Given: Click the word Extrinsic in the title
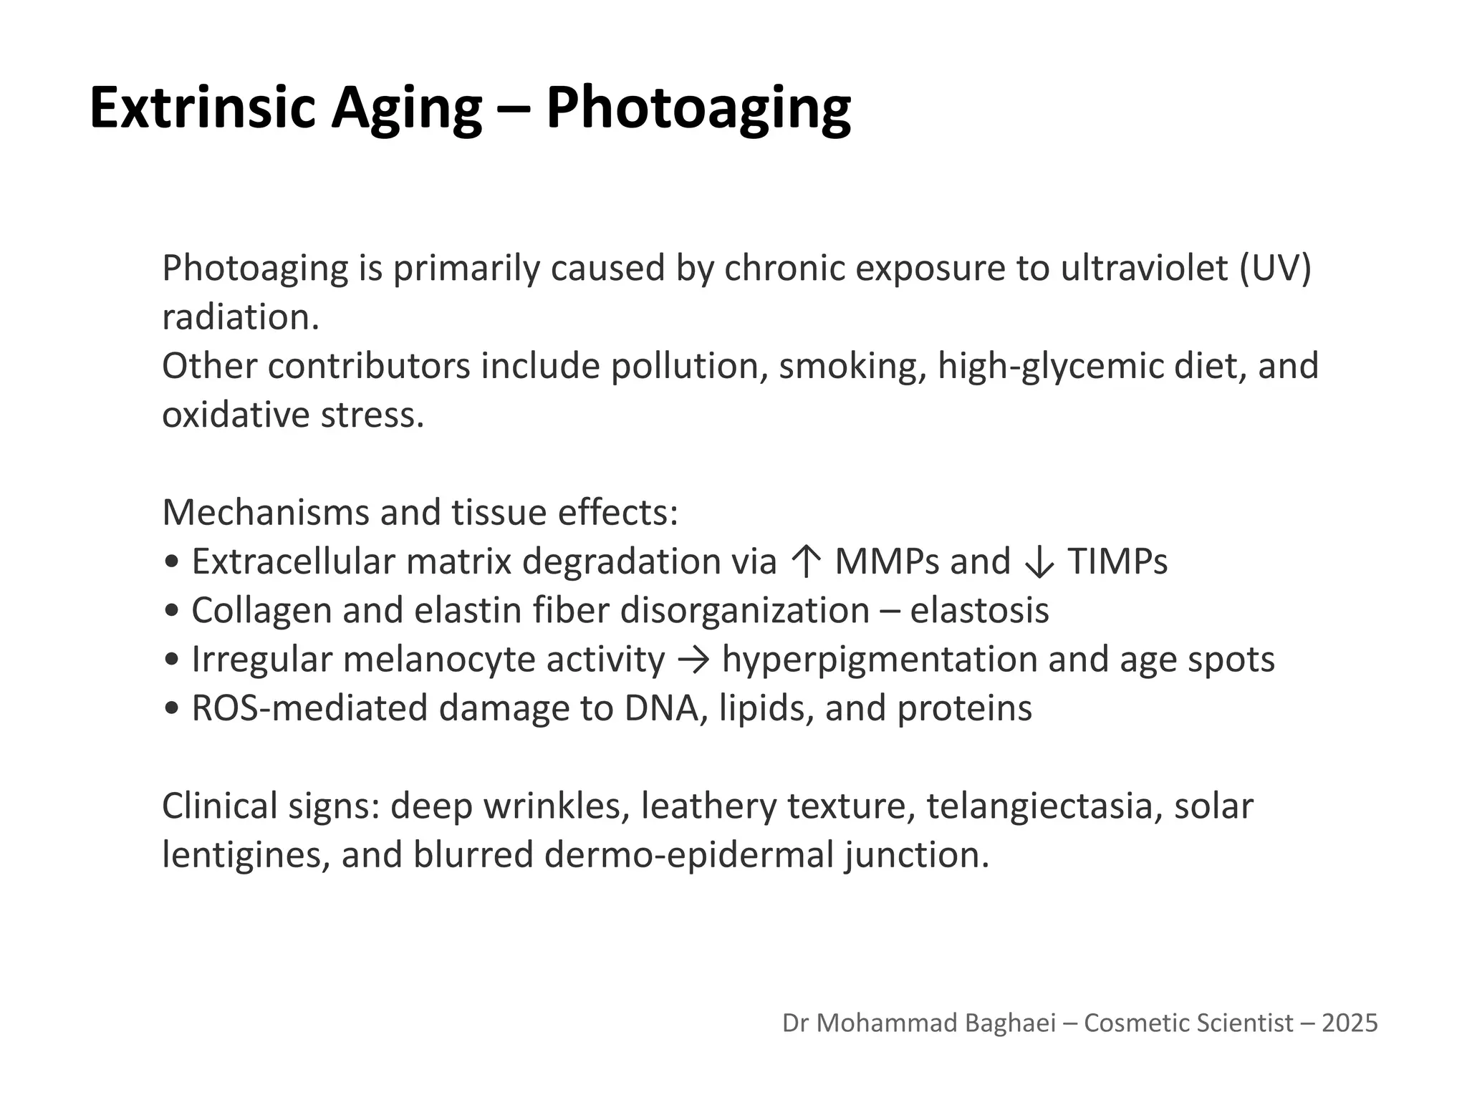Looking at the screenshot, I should pyautogui.click(x=202, y=107).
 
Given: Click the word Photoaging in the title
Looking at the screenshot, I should pyautogui.click(x=698, y=107).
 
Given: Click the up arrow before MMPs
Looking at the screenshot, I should pyautogui.click(x=806, y=561).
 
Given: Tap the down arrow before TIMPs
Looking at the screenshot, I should pyautogui.click(x=1039, y=561).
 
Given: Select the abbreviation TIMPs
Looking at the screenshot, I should pyautogui.click(x=1117, y=561).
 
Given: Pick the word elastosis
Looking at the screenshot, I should pyautogui.click(x=979, y=611).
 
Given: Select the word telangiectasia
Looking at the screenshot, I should pyautogui.click(x=1040, y=806).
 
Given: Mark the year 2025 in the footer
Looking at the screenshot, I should pyautogui.click(x=1350, y=1023).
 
